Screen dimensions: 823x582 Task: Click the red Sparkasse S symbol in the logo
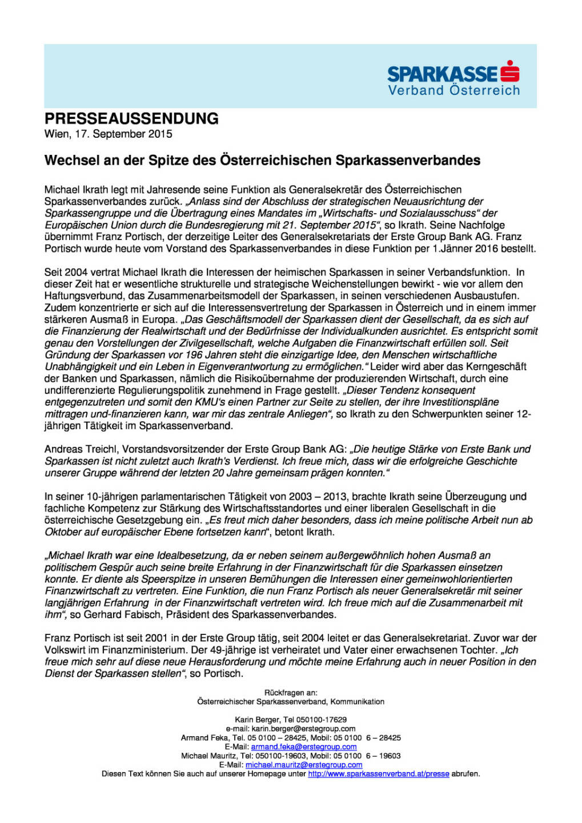pos(509,71)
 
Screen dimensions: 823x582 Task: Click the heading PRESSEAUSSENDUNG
pos(131,118)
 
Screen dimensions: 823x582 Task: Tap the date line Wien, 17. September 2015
pos(108,134)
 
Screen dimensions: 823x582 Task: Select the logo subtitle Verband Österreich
pos(453,90)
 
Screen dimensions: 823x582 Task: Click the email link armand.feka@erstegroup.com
pos(303,746)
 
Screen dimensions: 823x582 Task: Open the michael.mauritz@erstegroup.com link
pos(303,765)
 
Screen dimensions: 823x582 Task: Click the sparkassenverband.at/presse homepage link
pos(378,774)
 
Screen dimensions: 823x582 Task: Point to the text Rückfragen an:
pos(291,693)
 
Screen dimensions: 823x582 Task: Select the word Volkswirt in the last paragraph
pos(65,650)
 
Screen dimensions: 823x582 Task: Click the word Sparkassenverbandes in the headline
pos(408,161)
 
